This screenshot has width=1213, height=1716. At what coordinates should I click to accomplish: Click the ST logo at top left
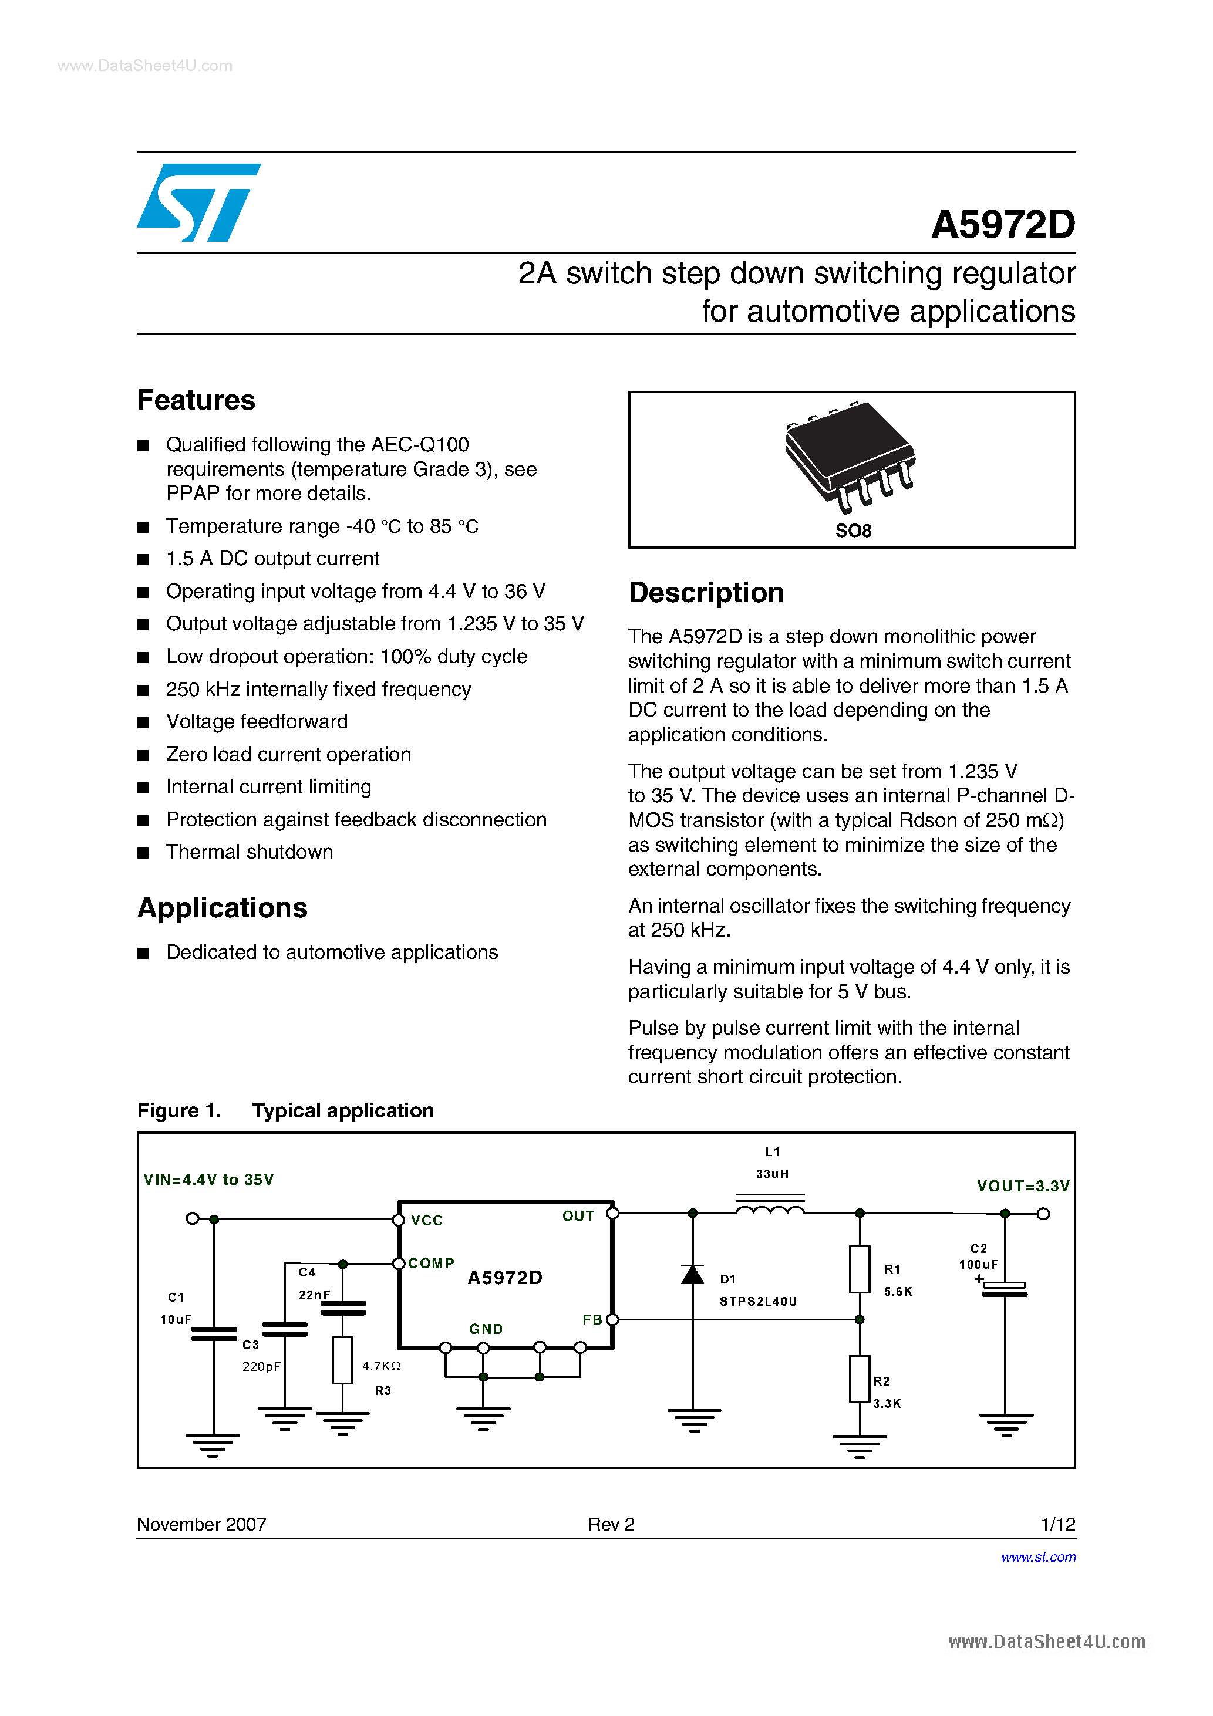pos(198,202)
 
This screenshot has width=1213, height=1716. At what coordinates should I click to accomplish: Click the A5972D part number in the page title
pos(1002,224)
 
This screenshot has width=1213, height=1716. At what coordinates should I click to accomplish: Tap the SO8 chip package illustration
pos(850,457)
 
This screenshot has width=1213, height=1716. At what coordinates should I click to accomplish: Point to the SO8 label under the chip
pos(853,531)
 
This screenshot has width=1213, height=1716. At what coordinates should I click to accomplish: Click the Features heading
pos(196,401)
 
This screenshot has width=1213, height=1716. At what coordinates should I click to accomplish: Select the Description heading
pos(705,593)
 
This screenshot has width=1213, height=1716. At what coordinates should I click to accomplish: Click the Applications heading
pos(222,908)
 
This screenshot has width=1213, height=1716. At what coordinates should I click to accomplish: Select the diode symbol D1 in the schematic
pos(692,1274)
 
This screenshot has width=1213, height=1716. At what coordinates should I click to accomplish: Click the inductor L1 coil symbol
pos(770,1208)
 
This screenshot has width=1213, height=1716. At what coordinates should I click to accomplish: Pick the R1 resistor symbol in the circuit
pos(860,1269)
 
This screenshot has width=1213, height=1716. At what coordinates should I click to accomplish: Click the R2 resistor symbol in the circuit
pos(860,1379)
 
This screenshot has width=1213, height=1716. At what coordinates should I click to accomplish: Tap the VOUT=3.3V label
pos(1022,1186)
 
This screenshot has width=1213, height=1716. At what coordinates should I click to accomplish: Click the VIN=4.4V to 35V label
pos(208,1180)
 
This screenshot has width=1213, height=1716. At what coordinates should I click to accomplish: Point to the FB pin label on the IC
pos(592,1320)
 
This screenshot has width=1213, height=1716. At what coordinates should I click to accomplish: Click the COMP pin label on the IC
pos(431,1263)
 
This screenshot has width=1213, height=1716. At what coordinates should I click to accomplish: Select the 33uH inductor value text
pos(771,1174)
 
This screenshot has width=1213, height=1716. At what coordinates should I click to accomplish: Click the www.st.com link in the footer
pos(1038,1557)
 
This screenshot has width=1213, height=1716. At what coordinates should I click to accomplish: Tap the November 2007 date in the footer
pos(201,1524)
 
